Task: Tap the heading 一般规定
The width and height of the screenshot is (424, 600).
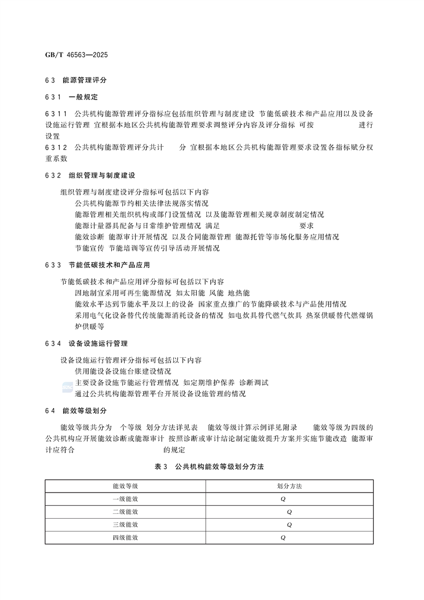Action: click(x=83, y=97)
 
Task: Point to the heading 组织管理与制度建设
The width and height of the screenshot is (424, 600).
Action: click(x=102, y=175)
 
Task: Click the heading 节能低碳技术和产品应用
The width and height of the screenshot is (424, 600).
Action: click(x=109, y=265)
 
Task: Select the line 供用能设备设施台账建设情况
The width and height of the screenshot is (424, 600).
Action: click(x=123, y=371)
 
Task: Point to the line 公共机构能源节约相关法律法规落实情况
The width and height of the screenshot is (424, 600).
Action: click(x=142, y=204)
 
